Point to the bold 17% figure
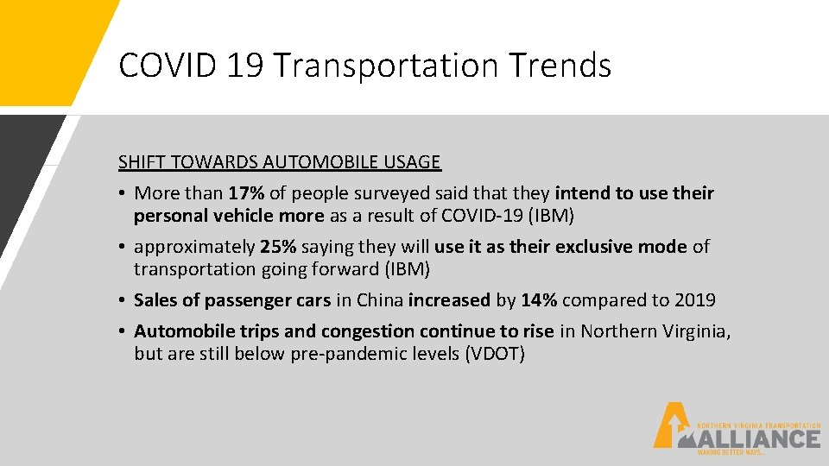(x=247, y=193)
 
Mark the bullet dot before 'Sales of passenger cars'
(x=123, y=300)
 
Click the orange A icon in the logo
(x=667, y=425)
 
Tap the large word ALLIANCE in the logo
(x=760, y=439)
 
